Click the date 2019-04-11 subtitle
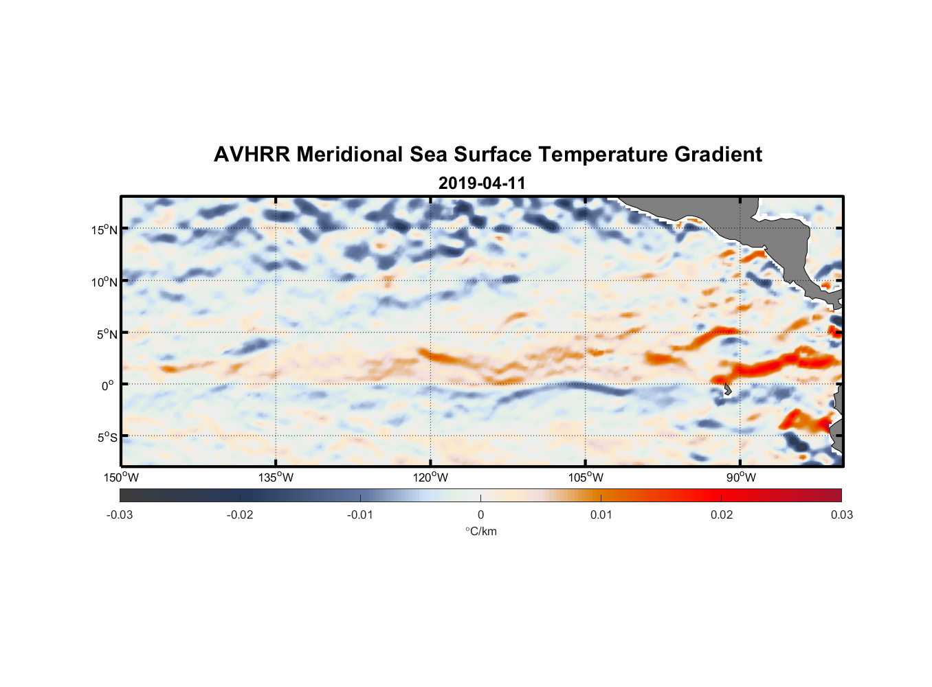pyautogui.click(x=482, y=183)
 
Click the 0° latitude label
pyautogui.click(x=108, y=385)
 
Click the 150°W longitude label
pyautogui.click(x=122, y=477)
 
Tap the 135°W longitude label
pyautogui.click(x=276, y=477)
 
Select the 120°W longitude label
pyautogui.click(x=431, y=477)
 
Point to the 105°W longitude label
pyautogui.click(x=586, y=477)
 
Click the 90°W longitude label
pyautogui.click(x=742, y=477)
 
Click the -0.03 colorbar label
pyautogui.click(x=120, y=515)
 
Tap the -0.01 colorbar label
pyautogui.click(x=360, y=515)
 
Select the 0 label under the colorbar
pyautogui.click(x=480, y=515)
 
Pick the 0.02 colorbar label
pyautogui.click(x=722, y=515)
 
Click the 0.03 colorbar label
pyautogui.click(x=841, y=515)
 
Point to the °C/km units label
pyautogui.click(x=481, y=531)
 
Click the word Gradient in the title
pyautogui.click(x=718, y=155)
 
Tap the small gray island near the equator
pyautogui.click(x=727, y=390)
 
